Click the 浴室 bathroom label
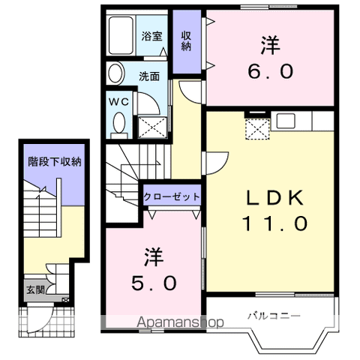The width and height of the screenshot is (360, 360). [152, 35]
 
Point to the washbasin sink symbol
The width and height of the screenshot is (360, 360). [115, 73]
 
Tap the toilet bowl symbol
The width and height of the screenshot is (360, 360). [118, 122]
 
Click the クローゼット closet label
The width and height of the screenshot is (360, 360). [172, 196]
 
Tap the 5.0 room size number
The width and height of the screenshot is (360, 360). [154, 283]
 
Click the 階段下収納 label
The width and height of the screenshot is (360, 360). [55, 161]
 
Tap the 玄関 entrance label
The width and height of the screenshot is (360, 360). [35, 290]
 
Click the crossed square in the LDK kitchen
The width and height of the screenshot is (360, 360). [257, 129]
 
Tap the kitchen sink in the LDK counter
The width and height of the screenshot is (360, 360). [286, 119]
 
